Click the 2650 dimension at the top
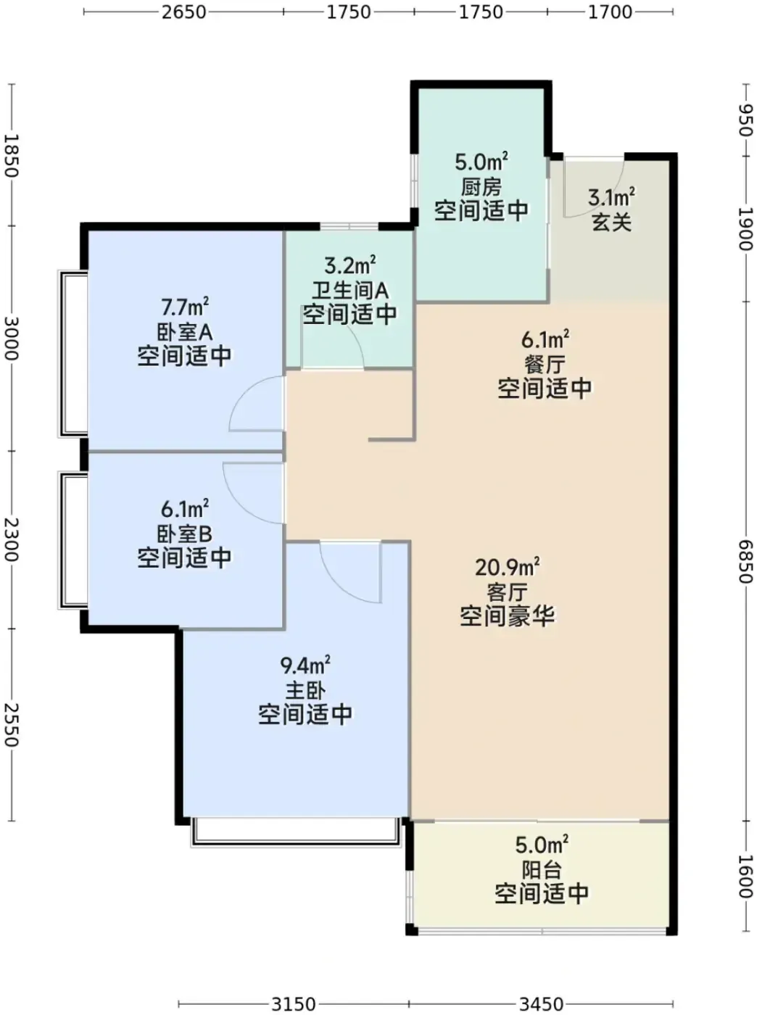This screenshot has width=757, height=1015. (x=183, y=12)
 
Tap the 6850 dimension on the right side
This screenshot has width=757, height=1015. (x=745, y=563)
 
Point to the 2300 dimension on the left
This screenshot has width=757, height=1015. (x=12, y=539)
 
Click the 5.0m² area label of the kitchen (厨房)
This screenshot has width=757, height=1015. (x=481, y=162)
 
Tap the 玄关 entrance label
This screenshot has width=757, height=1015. (x=611, y=223)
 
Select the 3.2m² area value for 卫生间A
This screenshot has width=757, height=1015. (x=349, y=266)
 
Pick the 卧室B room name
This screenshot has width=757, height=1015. (x=184, y=534)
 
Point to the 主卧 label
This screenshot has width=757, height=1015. (x=305, y=692)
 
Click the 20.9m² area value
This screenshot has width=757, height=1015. (x=508, y=568)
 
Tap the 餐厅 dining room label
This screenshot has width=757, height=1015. (x=545, y=365)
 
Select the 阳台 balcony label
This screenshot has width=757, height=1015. (x=542, y=871)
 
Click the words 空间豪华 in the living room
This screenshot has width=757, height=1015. (x=508, y=616)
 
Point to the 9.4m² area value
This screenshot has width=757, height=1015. (x=305, y=666)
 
